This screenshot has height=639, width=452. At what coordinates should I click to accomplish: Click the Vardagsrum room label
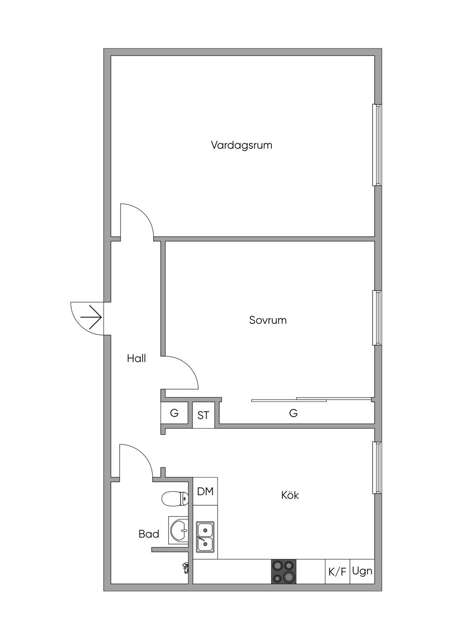241,145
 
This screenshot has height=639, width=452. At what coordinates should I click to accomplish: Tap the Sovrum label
268,320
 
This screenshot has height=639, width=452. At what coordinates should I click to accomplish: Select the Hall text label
136,358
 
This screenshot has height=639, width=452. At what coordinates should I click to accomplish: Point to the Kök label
290,495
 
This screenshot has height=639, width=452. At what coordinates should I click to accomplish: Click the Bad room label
149,534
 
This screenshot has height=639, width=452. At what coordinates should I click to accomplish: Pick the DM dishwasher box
205,491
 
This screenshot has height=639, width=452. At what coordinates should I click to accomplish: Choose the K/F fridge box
337,572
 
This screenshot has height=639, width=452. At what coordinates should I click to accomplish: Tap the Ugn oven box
362,571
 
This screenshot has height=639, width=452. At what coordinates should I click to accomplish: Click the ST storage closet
203,415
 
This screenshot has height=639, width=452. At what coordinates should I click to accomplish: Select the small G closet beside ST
174,413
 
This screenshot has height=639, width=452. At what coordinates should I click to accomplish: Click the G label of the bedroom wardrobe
293,413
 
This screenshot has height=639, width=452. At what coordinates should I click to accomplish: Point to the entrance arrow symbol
92,317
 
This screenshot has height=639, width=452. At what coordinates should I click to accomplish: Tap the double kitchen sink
205,537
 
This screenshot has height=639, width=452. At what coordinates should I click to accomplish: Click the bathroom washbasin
179,530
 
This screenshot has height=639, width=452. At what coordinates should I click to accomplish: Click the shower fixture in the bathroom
186,567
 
